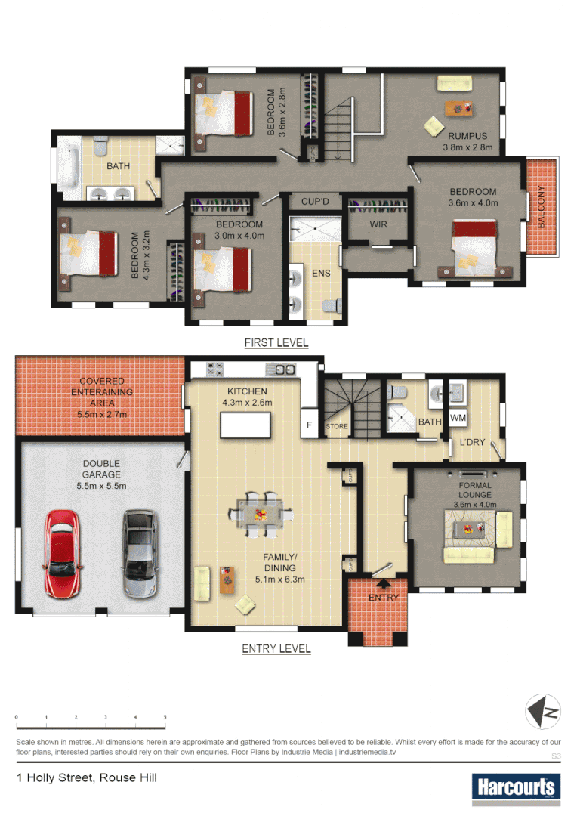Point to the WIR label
point(378,224)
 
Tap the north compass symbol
point(544,711)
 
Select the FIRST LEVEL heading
point(276,342)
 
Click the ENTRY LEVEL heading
point(276,648)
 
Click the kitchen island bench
point(245,427)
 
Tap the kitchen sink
point(285,369)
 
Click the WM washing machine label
point(458,418)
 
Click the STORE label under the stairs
point(337,426)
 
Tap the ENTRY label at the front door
point(383,598)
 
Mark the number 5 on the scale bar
point(165,716)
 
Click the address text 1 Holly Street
point(87,777)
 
